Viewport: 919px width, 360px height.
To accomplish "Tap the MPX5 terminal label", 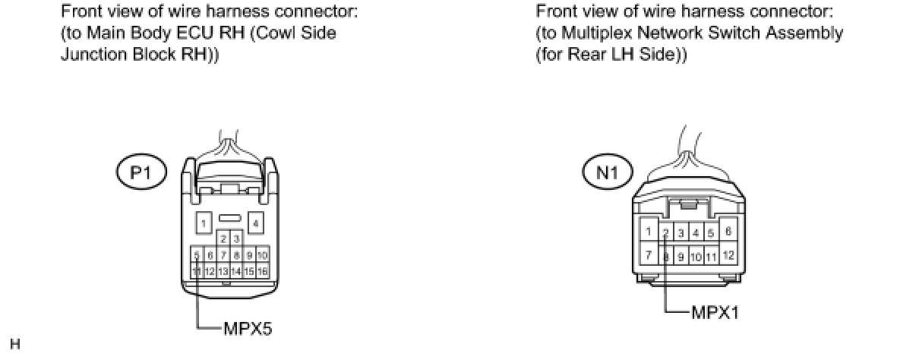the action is (247, 329).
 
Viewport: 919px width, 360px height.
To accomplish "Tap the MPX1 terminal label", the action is (715, 312).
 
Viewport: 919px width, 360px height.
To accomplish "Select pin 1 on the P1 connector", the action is (204, 223).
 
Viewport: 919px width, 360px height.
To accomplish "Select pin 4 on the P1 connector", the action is (256, 223).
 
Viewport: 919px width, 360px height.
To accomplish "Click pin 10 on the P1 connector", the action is (262, 256).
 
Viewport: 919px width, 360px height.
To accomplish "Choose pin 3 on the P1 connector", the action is (236, 239).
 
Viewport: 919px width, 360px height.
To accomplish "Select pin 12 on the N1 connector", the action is (727, 255).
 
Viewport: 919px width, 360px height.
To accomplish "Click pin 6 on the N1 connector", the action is (727, 232).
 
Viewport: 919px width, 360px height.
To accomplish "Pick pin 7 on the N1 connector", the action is (648, 255).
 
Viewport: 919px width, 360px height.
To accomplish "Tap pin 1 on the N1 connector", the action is (648, 232).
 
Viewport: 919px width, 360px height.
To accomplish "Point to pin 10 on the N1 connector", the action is (696, 257).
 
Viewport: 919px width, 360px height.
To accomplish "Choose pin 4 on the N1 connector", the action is (696, 233).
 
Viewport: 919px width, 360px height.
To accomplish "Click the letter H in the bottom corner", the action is (15, 345).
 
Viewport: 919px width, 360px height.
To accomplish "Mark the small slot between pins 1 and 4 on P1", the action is (229, 218).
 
